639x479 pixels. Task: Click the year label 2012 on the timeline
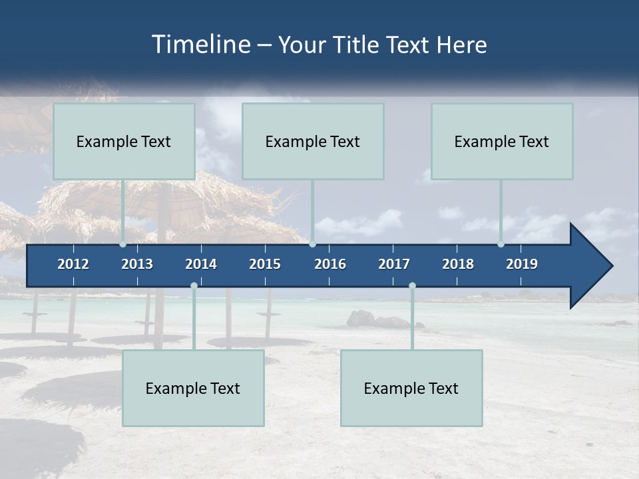(73, 264)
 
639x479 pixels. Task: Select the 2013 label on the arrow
(137, 264)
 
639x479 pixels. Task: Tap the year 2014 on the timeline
(201, 264)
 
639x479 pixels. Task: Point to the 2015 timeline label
(265, 264)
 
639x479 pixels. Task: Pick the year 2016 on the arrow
(330, 264)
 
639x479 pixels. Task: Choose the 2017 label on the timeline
(394, 264)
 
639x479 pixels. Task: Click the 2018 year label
(458, 264)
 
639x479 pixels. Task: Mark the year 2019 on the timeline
(522, 264)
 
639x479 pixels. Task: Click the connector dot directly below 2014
(194, 285)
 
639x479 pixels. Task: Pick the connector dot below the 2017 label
(412, 285)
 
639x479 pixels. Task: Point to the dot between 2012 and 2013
(123, 244)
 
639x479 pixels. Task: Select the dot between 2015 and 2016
(312, 244)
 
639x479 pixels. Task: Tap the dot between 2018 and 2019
(501, 244)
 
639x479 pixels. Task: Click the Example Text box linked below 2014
(193, 388)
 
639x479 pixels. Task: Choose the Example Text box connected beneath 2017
(411, 388)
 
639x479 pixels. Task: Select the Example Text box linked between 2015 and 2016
(313, 141)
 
